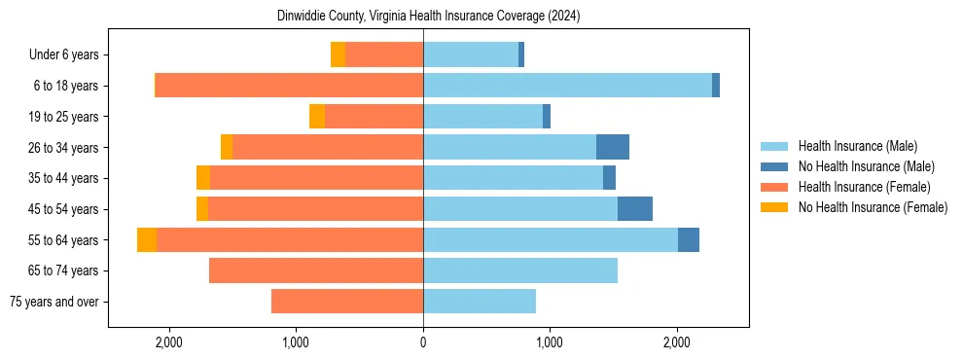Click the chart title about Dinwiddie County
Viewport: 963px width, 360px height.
422,17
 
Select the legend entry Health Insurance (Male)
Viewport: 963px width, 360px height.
857,146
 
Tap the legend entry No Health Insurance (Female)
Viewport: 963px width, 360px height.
873,207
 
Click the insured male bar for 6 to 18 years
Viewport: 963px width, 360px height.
567,86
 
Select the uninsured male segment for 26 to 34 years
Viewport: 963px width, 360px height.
613,147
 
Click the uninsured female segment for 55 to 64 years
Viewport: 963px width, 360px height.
147,239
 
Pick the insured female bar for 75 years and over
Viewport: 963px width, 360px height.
347,302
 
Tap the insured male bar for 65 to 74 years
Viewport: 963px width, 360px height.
520,270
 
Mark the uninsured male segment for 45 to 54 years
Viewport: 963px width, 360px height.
635,209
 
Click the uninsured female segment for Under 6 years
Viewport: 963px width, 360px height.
338,54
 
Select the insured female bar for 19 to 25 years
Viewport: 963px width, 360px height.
374,117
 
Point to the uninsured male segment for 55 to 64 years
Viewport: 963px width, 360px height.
689,239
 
